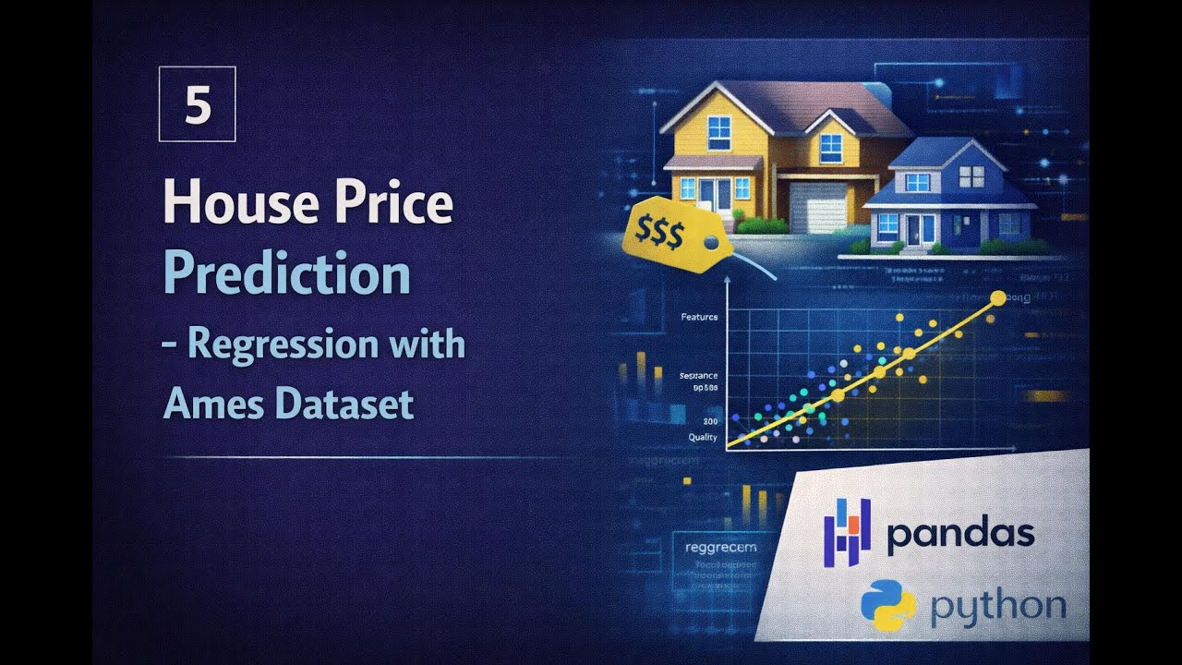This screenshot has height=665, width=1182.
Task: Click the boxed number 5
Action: coord(197,103)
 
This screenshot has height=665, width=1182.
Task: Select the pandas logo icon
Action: coord(847,533)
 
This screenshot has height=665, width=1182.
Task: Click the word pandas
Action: coord(960,535)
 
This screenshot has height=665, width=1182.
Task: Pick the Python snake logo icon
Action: coord(888,606)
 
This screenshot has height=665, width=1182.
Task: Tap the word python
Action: coord(997,607)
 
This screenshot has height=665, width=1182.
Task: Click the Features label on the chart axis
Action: coord(699,317)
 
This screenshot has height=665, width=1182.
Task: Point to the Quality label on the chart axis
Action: coord(703,437)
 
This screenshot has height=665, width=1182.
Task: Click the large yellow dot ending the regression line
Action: coord(997,297)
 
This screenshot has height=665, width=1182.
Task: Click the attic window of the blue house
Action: coord(971,176)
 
